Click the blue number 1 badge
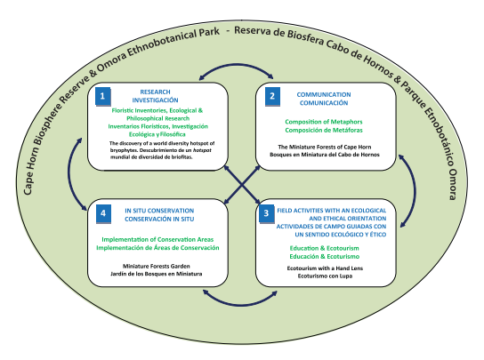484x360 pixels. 103,97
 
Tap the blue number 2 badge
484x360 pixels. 272,97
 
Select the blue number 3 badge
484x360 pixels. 266,213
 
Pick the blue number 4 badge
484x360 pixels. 103,213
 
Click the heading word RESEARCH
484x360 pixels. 155,92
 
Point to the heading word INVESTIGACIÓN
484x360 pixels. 156,100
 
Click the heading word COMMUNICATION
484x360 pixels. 324,95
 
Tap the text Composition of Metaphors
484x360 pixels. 324,122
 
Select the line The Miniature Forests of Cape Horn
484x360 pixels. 325,147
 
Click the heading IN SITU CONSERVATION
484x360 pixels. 159,211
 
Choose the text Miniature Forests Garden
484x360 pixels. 157,266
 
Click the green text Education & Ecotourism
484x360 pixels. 324,248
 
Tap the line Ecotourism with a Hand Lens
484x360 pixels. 325,268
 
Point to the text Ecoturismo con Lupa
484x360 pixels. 325,276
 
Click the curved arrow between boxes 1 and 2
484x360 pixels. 236,65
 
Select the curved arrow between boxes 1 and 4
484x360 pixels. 69,174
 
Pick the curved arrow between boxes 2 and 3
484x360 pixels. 415,191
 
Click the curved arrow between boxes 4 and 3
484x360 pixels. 240,305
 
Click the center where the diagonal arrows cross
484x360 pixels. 242,185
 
